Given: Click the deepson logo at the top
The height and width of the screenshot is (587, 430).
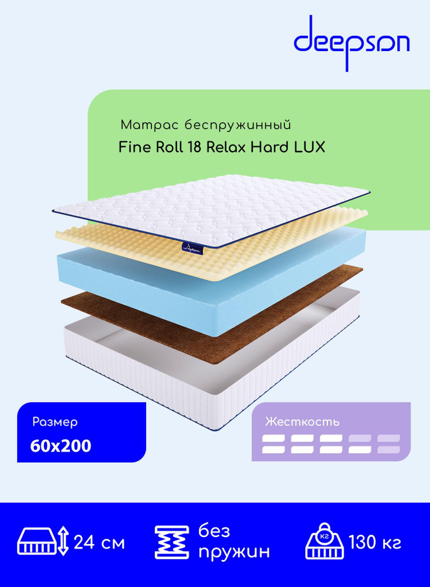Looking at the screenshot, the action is [x=351, y=43].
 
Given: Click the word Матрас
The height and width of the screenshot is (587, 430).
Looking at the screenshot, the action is [x=150, y=125].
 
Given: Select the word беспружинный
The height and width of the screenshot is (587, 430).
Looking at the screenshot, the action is [x=238, y=126].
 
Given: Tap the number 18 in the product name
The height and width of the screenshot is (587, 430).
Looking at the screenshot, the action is [x=194, y=147].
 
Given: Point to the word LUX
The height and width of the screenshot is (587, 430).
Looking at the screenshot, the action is [x=309, y=147].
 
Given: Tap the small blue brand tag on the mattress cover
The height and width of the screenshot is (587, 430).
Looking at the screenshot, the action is [x=192, y=248].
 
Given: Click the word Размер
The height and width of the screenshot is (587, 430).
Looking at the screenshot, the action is [x=55, y=422].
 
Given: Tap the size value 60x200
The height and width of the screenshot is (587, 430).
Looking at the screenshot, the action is [x=60, y=446].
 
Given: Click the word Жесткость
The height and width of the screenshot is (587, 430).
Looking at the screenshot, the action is [x=302, y=422].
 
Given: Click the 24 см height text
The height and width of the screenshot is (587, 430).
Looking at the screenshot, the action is [x=99, y=542].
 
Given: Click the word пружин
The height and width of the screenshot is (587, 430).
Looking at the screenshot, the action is [x=234, y=552].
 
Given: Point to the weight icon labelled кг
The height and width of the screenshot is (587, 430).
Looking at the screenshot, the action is [x=324, y=541].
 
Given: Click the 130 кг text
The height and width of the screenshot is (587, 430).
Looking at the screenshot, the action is [x=375, y=542].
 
